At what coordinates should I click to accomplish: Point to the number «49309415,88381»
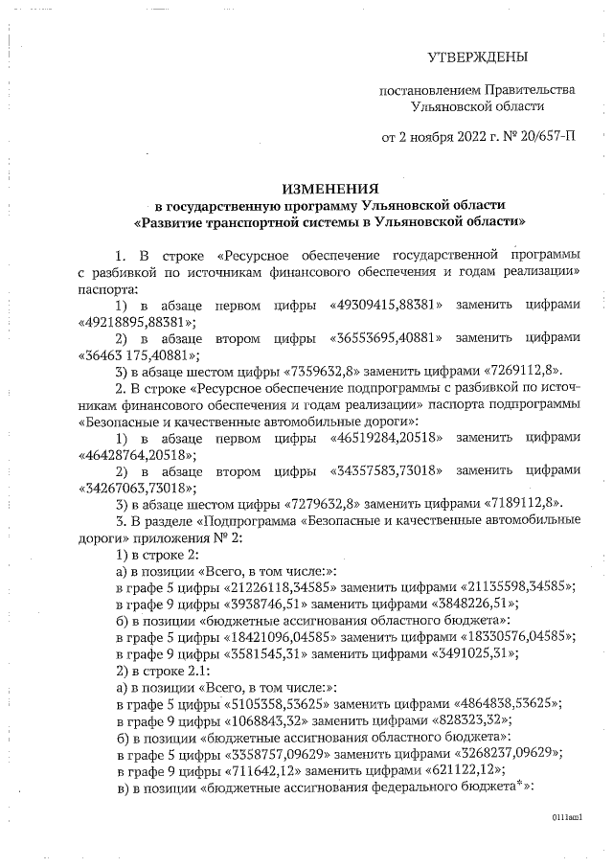[x=384, y=306]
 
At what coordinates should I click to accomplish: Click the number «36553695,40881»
[x=385, y=338]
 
